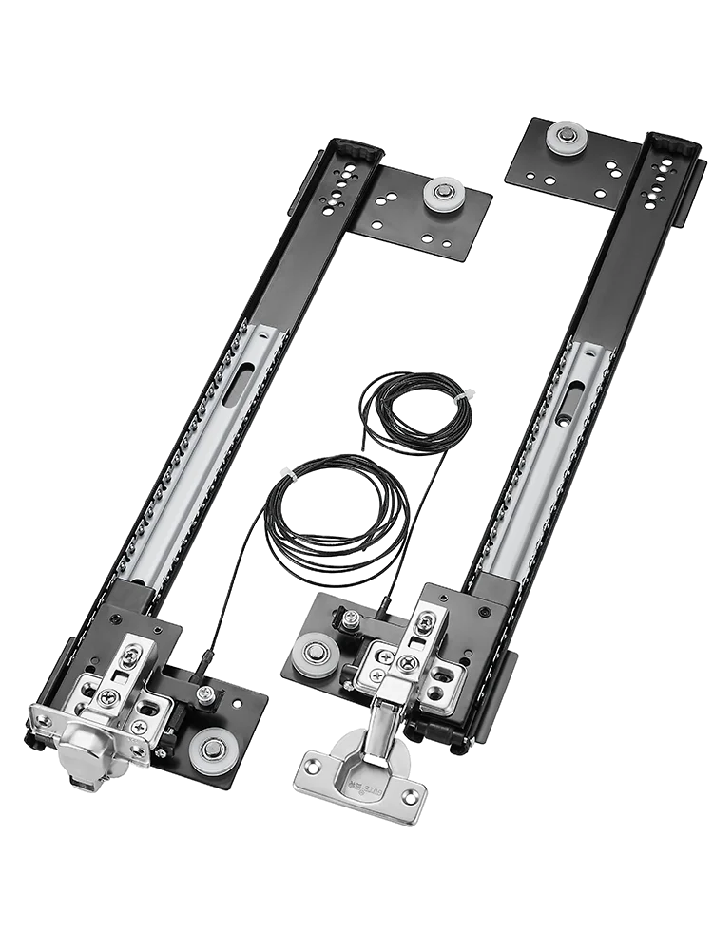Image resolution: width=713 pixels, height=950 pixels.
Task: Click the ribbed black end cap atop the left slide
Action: click(x=356, y=150)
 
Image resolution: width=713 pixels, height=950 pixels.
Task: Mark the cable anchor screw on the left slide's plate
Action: click(x=203, y=696)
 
